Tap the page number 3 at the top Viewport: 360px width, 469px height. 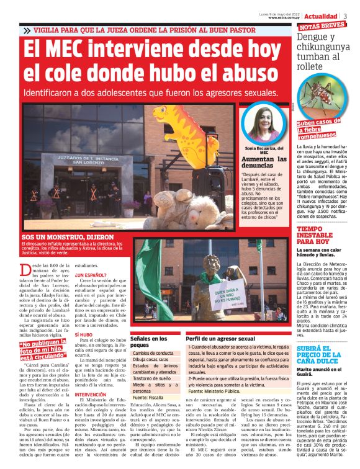click(345, 16)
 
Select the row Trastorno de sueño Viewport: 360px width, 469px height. click(151, 377)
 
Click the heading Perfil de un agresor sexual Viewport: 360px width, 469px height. click(222, 339)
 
